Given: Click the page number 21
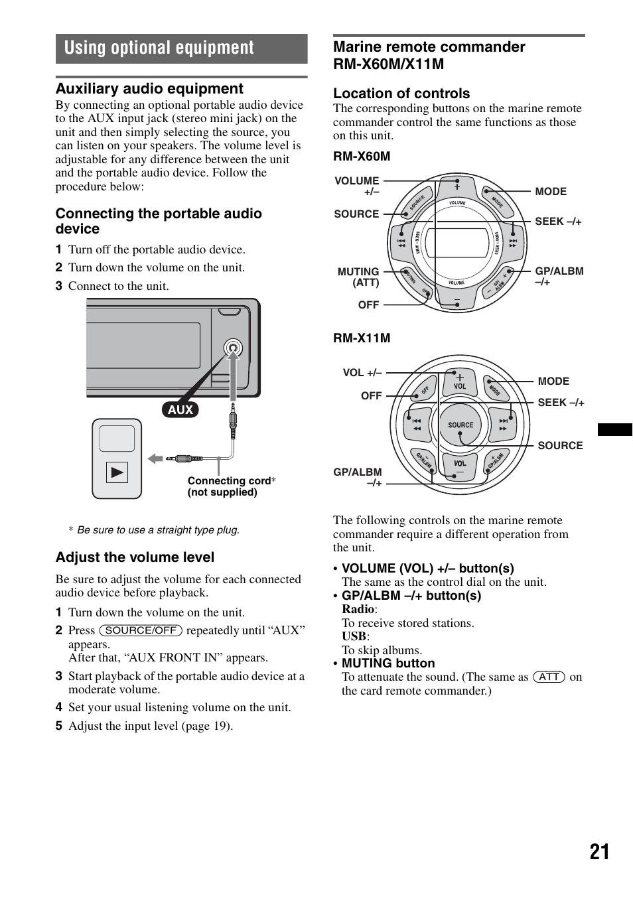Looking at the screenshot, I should click(x=599, y=852).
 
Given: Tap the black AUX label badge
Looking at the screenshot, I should click(x=180, y=409).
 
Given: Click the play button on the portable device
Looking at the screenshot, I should click(x=117, y=473).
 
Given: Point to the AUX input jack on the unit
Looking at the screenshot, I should click(x=232, y=348).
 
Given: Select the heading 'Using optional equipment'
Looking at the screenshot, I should click(x=159, y=48).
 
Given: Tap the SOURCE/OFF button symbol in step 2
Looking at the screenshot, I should click(x=141, y=630).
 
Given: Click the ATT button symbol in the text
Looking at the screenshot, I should click(x=549, y=677).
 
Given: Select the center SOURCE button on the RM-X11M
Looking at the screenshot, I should click(x=460, y=425).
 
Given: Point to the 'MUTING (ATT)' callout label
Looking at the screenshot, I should click(x=358, y=277).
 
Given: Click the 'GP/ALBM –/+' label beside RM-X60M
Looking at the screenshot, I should click(x=559, y=276).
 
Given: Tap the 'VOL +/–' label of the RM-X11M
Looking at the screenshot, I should click(x=362, y=373).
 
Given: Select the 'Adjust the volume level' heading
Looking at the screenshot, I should click(x=135, y=557).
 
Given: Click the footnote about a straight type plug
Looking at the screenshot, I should click(x=158, y=530).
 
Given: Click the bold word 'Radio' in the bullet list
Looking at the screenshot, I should click(x=358, y=609).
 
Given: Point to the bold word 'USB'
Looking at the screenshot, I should click(x=354, y=636).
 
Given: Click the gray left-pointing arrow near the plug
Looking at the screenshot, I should click(x=155, y=458).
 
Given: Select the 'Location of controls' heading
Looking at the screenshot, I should click(x=401, y=94).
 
